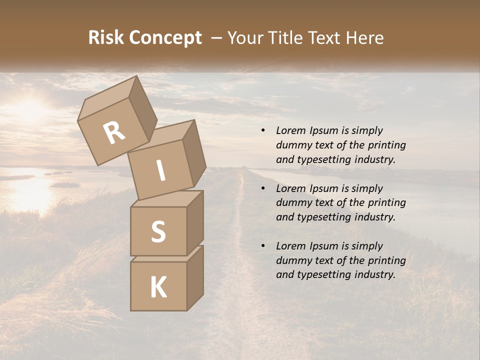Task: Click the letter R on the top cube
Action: tap(114, 133)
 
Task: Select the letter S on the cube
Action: tap(158, 231)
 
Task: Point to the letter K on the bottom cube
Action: tap(158, 288)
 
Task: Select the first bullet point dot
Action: tap(263, 131)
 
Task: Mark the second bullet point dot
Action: tap(263, 189)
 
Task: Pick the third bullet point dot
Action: tap(263, 246)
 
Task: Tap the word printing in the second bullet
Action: tap(386, 203)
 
